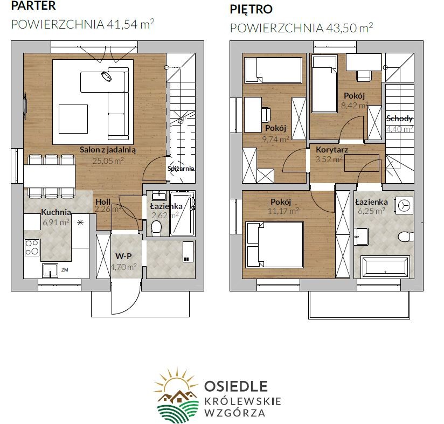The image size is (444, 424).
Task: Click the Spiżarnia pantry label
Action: (x=181, y=169)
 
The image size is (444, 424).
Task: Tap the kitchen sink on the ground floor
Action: (x=50, y=270)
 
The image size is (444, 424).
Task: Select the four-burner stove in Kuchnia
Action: (x=32, y=248)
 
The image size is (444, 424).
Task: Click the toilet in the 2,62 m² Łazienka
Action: (x=156, y=228)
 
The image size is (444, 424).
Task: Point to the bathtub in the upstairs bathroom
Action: (x=385, y=267)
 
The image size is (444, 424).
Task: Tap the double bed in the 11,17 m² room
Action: (x=275, y=245)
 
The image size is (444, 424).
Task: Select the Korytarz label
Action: (x=332, y=149)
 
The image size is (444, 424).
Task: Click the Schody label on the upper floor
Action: (x=399, y=119)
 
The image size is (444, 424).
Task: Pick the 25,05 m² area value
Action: (x=108, y=161)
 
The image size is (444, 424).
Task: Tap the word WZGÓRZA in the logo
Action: (x=235, y=413)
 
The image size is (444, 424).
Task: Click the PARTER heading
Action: (x=33, y=6)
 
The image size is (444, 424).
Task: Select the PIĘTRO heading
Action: (x=251, y=9)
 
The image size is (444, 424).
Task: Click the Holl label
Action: (x=103, y=202)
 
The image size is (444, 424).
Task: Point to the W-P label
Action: (x=123, y=256)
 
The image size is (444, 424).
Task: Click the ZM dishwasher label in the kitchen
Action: (x=65, y=270)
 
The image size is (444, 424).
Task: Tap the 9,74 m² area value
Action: (x=275, y=139)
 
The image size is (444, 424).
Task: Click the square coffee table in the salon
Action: (x=73, y=119)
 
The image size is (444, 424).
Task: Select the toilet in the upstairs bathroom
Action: (x=406, y=237)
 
